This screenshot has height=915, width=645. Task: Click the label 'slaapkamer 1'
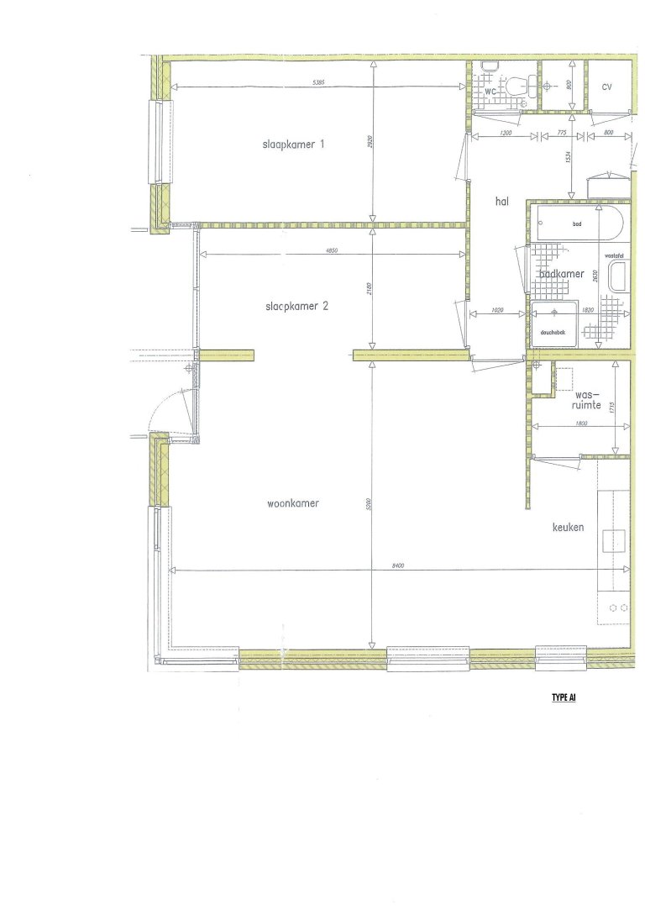point(293,145)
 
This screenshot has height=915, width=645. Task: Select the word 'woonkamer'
point(294,504)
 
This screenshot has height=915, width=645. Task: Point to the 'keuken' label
point(568,528)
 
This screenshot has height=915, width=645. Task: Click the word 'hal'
point(503,201)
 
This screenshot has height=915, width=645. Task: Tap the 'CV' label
point(607,87)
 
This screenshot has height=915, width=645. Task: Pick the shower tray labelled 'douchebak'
point(554,322)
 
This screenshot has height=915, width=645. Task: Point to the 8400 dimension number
point(398,565)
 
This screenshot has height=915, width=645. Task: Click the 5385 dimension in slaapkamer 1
point(318,82)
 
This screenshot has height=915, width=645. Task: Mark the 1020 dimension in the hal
point(496,310)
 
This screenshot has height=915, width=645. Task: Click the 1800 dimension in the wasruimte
point(580,423)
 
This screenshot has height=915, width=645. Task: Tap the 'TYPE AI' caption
point(564,697)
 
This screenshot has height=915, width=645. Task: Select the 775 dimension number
point(563,133)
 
